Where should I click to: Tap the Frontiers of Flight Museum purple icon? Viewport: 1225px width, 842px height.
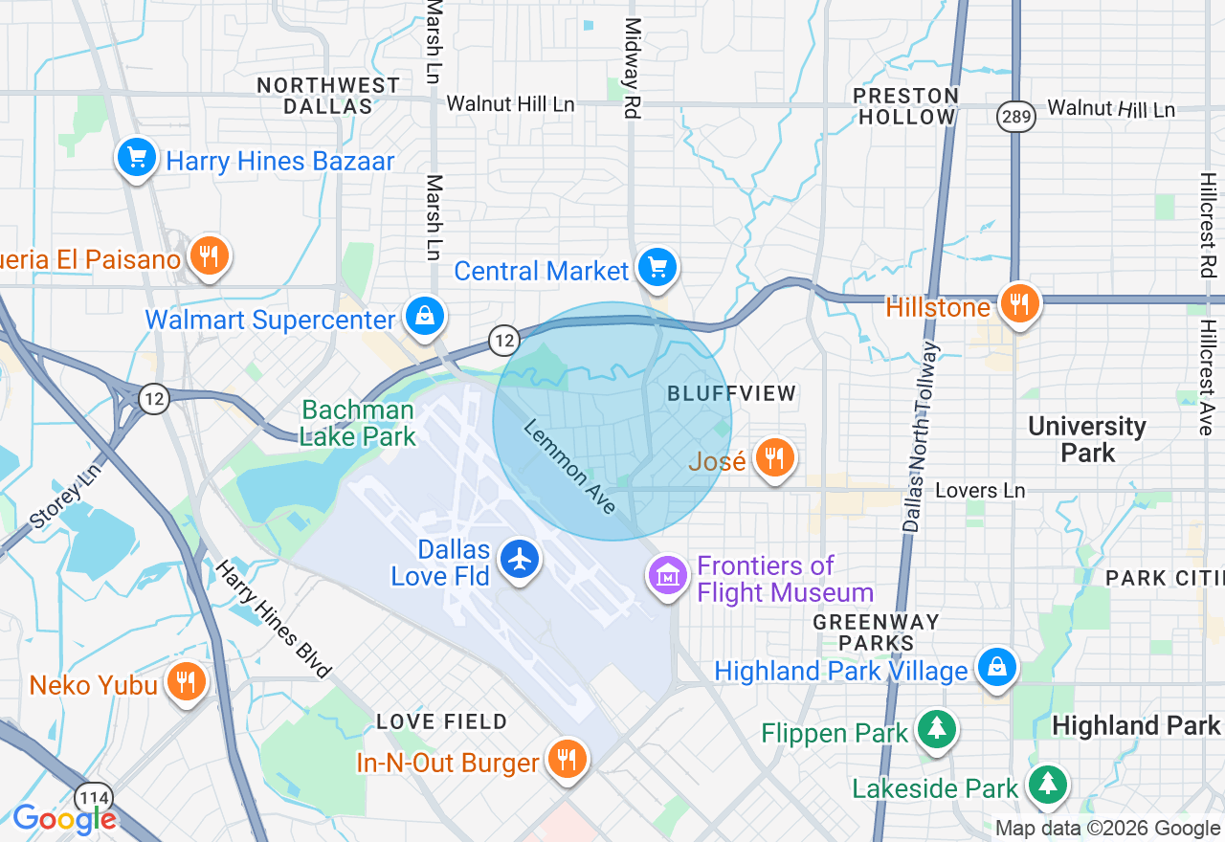(669, 575)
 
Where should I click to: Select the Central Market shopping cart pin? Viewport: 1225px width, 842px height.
(657, 267)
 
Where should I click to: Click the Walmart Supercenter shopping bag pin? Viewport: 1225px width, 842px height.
(423, 315)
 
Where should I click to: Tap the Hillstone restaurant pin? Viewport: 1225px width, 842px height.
(1020, 303)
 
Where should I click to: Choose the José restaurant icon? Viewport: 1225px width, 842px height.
(774, 458)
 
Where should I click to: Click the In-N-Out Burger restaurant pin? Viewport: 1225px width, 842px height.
(568, 759)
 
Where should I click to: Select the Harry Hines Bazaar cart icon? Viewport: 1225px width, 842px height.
(137, 156)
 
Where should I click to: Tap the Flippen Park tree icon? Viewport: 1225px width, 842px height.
(936, 730)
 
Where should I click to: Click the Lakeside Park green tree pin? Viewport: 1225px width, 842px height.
(1048, 785)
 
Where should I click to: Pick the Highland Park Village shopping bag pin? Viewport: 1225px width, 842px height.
(997, 667)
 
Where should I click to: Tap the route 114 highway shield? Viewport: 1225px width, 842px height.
(95, 797)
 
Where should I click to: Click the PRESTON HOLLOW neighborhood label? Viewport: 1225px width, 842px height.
(905, 106)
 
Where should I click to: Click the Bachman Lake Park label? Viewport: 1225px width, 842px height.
(358, 424)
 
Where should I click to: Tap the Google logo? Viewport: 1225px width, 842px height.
(64, 819)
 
